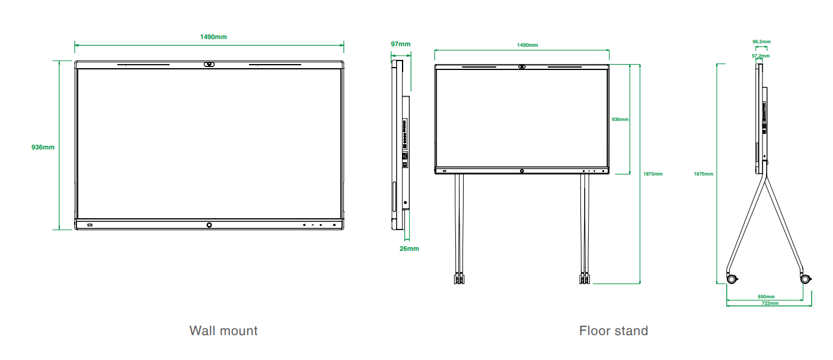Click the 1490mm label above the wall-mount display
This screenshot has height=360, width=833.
213,37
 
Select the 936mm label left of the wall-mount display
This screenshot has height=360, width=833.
43,147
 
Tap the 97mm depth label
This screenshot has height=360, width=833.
400,44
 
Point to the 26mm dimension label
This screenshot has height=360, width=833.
409,249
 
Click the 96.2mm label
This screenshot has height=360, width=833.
761,42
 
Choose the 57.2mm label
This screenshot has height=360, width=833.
761,56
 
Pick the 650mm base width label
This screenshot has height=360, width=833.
766,297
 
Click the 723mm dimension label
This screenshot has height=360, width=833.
770,303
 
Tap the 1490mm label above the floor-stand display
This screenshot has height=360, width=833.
527,45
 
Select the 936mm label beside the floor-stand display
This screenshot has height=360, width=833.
620,119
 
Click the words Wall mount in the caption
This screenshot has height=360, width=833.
224,330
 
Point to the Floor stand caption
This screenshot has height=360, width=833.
614,330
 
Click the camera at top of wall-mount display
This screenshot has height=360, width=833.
209,65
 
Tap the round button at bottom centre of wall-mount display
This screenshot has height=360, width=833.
209,225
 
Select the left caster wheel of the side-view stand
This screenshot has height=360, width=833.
733,278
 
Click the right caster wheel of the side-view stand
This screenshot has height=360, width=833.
805,278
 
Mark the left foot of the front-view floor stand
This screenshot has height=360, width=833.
458,278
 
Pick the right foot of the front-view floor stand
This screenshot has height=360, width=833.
585,278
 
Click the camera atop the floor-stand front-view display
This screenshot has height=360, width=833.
522,66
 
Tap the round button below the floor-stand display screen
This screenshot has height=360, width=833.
522,171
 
